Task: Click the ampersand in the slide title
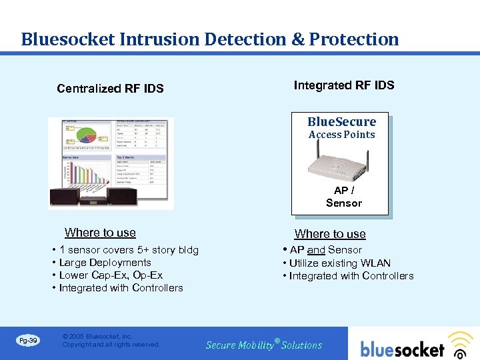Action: (298, 39)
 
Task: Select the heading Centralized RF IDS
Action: (110, 89)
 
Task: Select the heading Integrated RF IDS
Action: (344, 85)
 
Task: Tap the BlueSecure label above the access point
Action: (341, 122)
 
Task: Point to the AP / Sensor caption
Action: (343, 197)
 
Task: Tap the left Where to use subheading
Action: (100, 233)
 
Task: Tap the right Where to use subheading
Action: (330, 234)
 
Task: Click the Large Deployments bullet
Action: (105, 263)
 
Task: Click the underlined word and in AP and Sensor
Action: (316, 250)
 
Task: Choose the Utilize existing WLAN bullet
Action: (339, 263)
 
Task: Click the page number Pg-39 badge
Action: (27, 341)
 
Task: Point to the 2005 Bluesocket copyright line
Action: (97, 337)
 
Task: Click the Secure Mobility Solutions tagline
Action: (264, 345)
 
